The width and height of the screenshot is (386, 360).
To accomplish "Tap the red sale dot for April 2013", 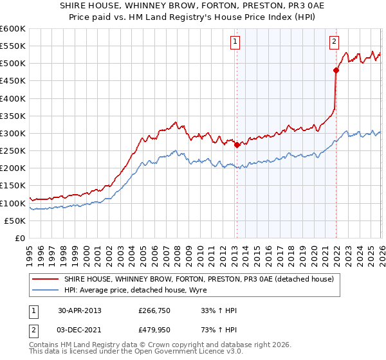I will click(237, 145).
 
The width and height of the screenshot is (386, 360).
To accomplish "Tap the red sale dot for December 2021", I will click(336, 70).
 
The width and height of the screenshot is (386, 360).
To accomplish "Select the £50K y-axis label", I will click(15, 221).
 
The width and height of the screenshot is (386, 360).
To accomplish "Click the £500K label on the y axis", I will click(13, 64).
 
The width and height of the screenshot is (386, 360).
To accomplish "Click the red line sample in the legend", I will click(45, 280).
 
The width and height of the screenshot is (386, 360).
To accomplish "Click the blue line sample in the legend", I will click(45, 290).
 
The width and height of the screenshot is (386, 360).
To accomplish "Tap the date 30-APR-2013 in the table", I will click(80, 310).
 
